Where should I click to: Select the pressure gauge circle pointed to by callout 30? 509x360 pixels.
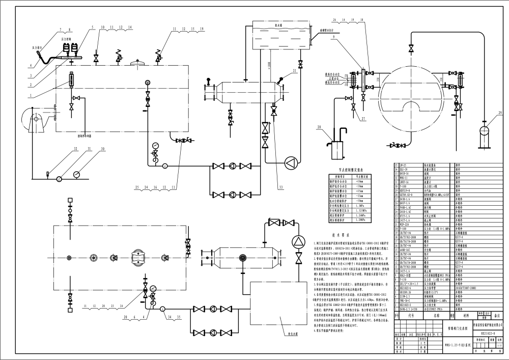pyautogui.click(x=76, y=174)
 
